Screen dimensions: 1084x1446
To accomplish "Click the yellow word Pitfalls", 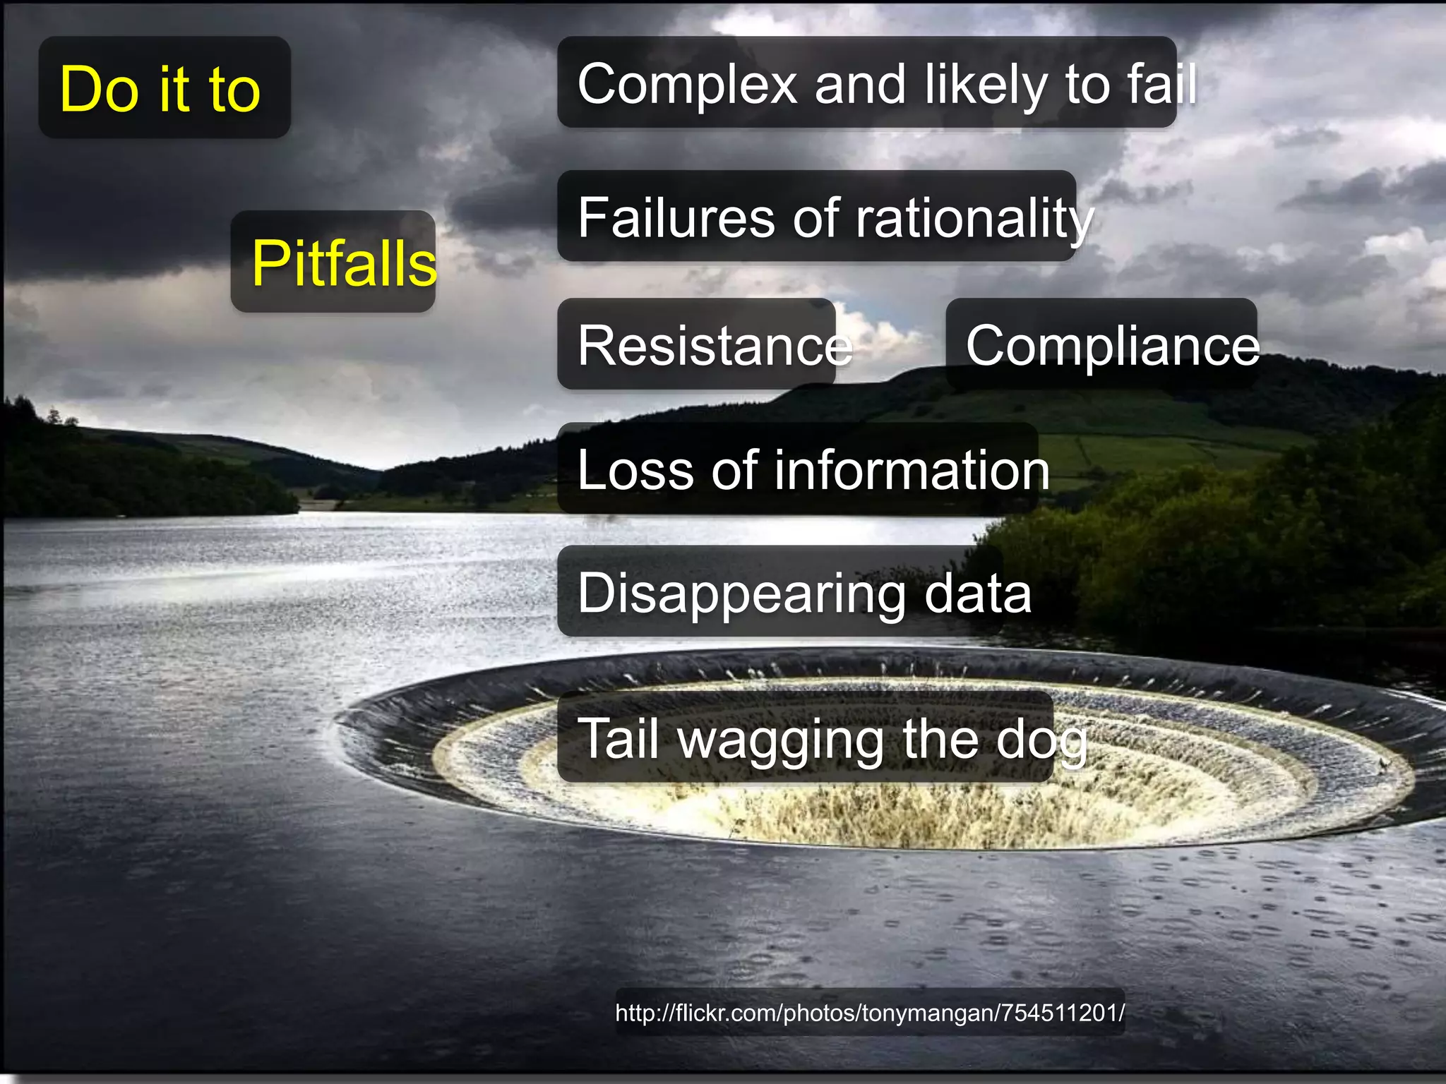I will click(344, 263).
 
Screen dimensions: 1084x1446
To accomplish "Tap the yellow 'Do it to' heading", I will click(160, 90).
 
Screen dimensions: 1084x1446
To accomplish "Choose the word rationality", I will click(974, 219).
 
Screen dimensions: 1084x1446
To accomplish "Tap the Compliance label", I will click(1112, 346).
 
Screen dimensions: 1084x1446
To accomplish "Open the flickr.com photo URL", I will click(869, 1013).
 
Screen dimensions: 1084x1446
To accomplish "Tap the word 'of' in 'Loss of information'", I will click(735, 471).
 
